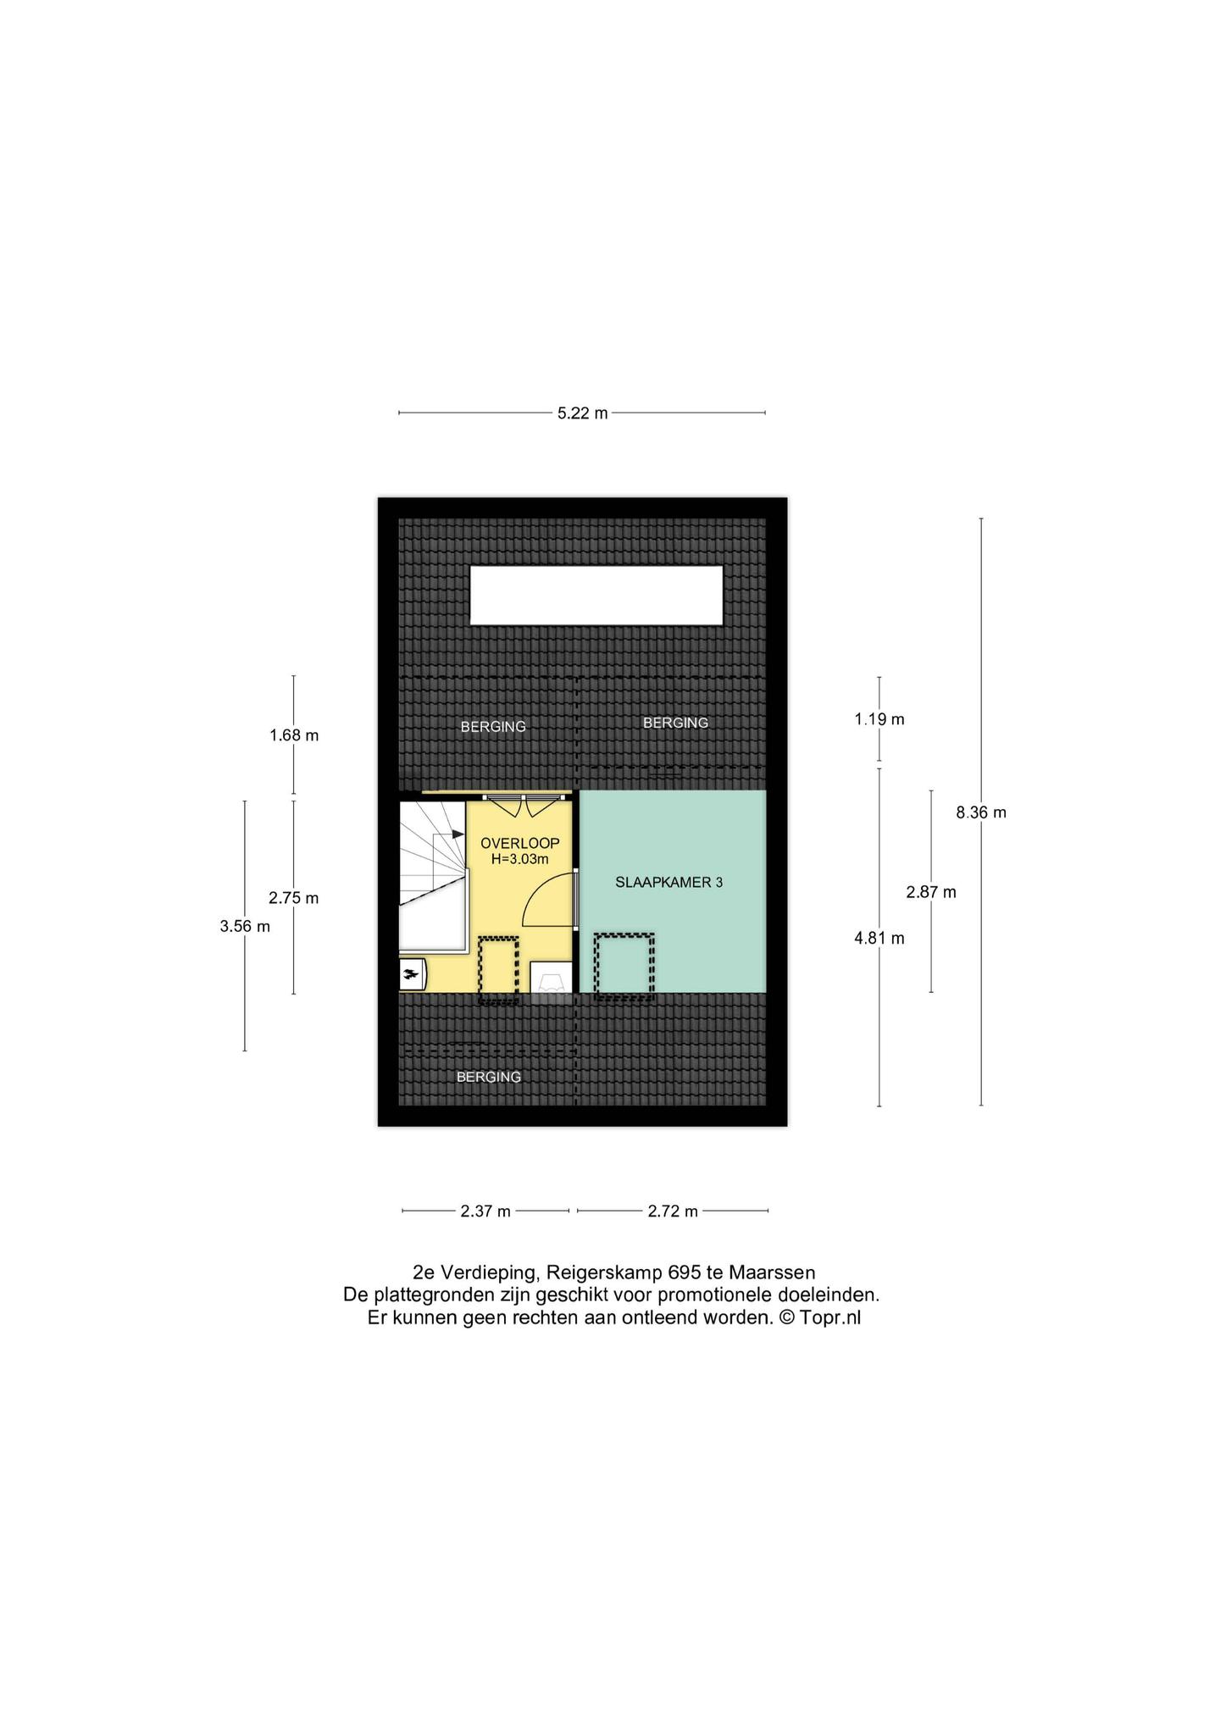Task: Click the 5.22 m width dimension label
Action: pos(582,413)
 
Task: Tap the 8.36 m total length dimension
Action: pos(981,812)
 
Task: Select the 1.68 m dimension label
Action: pos(294,735)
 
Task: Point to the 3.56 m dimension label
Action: pos(245,926)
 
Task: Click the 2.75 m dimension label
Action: pos(294,898)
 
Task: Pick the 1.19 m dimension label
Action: pos(879,719)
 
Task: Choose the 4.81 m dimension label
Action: pos(879,938)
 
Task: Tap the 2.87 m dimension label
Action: pos(931,891)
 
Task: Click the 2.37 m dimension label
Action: pos(485,1211)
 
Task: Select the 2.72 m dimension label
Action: pos(673,1211)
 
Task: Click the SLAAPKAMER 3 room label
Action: pos(668,882)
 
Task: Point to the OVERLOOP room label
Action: pos(520,843)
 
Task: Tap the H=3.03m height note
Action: pos(520,859)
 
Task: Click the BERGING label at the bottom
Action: pos(489,1078)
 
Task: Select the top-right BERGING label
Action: pos(675,723)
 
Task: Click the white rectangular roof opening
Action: pos(596,596)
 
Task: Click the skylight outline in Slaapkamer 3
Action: pos(624,934)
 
